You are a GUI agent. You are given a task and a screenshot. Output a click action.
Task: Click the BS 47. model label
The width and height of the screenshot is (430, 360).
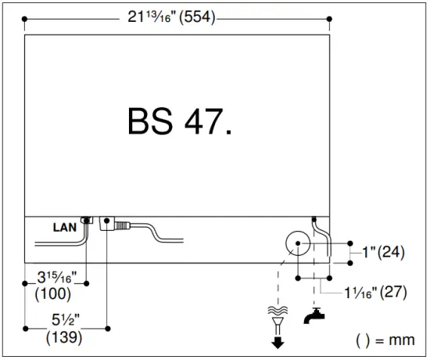pyautogui.click(x=180, y=121)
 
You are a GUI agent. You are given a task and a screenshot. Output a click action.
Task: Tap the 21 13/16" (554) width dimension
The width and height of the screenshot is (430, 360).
pyautogui.click(x=172, y=17)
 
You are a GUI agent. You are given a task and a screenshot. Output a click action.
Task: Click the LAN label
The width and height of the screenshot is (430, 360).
pyautogui.click(x=65, y=228)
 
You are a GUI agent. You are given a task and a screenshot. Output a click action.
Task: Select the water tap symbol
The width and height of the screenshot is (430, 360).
pyautogui.click(x=314, y=316)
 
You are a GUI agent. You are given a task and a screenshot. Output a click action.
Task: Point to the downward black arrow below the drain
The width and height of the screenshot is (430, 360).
pyautogui.click(x=278, y=342)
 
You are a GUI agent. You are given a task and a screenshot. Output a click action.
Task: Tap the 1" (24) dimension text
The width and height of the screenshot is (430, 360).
pyautogui.click(x=383, y=252)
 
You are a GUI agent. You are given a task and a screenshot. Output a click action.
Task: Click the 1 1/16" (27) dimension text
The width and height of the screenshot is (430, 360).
pyautogui.click(x=375, y=292)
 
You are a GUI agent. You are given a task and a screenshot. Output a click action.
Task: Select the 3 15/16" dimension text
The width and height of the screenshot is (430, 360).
pyautogui.click(x=57, y=277)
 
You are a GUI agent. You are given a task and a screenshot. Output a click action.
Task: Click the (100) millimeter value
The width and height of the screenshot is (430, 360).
pyautogui.click(x=53, y=293)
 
